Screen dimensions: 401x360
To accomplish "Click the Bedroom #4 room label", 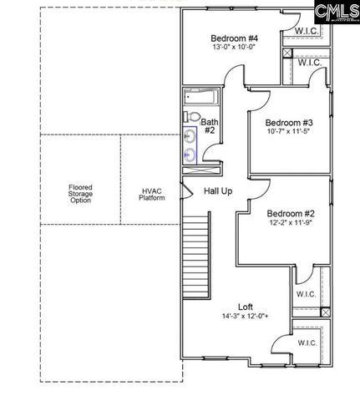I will tap(234, 38).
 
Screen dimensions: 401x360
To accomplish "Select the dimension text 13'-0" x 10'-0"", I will tap(234, 48).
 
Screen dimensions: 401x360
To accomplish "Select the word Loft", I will tap(245, 307).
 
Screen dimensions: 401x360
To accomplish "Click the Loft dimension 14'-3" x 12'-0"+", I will tap(245, 317).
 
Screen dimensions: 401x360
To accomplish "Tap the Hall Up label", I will tap(218, 191).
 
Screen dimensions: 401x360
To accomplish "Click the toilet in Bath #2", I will tap(191, 117).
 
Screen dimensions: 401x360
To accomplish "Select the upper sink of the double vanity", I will tap(190, 135).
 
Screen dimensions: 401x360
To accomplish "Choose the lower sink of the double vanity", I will tap(190, 154).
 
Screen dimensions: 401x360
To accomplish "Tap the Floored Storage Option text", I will tap(80, 194).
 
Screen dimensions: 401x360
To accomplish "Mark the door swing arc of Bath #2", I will tap(215, 153).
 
